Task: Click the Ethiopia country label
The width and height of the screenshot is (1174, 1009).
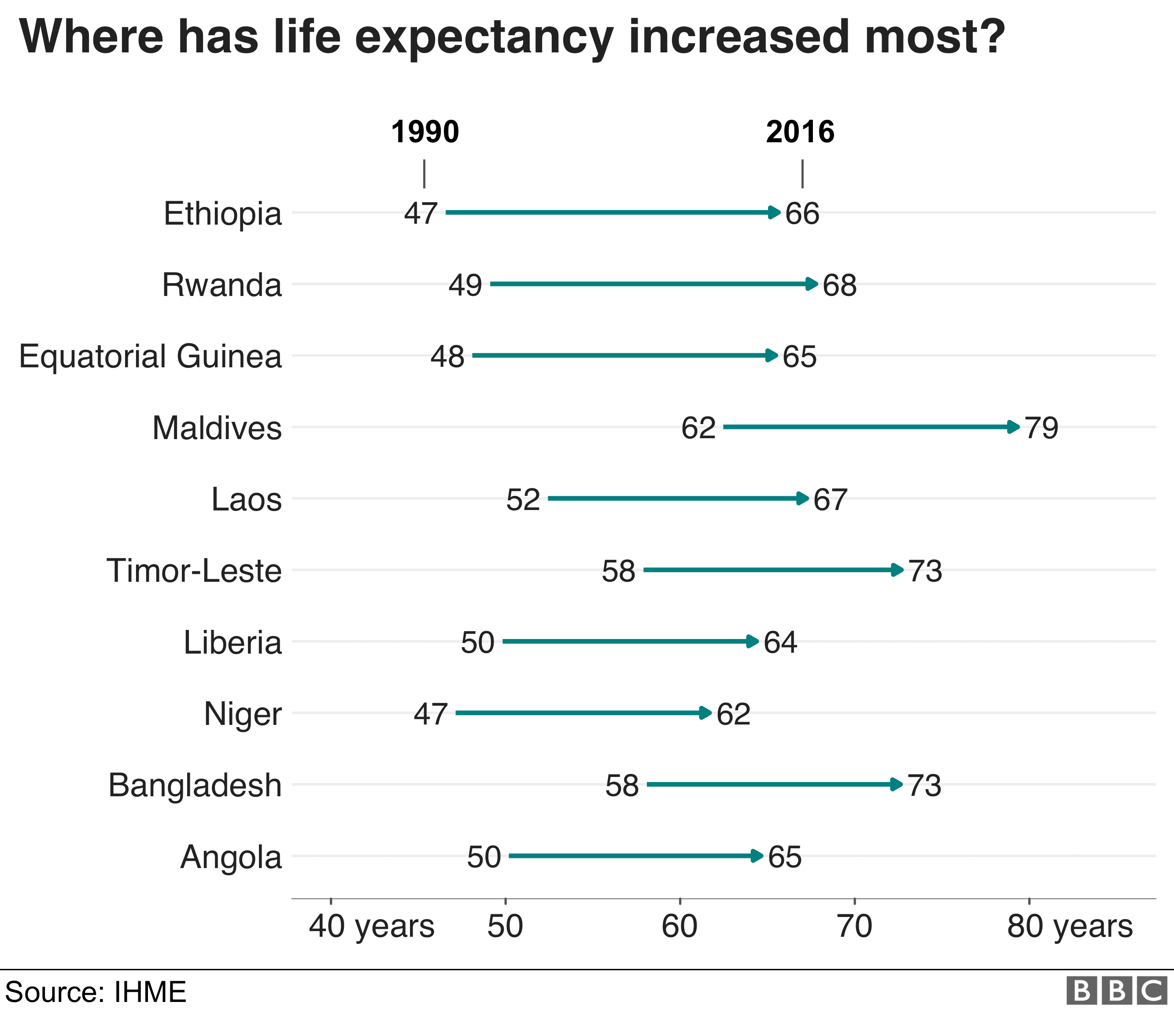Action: tap(223, 214)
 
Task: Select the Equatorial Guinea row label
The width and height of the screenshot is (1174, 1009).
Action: tap(150, 357)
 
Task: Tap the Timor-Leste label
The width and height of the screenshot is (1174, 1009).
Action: tap(194, 571)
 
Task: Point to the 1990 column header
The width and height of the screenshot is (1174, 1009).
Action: tap(425, 132)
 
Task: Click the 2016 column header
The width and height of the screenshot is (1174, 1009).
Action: tap(800, 132)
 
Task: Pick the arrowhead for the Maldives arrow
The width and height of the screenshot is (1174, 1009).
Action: tap(1014, 427)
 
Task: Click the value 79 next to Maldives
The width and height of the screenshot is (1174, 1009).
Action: tap(1041, 428)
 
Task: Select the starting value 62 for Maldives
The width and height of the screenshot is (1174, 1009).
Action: tap(698, 428)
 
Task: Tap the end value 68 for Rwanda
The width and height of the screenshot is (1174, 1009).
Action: tap(840, 285)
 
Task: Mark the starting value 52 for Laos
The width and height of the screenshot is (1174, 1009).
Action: tap(523, 500)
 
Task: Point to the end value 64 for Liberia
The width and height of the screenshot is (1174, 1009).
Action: tap(780, 643)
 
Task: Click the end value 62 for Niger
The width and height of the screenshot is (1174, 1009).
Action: tap(734, 714)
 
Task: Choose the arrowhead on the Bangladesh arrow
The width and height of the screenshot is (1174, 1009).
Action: tap(897, 785)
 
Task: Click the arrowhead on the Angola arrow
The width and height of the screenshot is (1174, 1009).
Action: tap(757, 856)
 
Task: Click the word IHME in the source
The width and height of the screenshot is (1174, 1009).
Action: tap(150, 992)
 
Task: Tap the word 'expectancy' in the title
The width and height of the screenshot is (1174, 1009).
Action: tap(484, 38)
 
